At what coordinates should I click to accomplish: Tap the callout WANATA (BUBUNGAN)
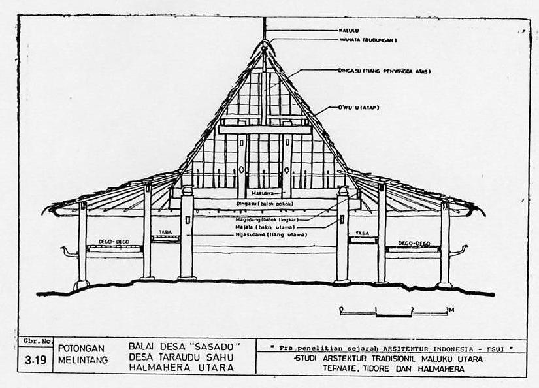(368, 40)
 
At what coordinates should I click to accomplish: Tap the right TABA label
(362, 233)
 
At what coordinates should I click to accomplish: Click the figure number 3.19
(35, 360)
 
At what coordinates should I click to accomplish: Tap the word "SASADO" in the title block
(212, 346)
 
